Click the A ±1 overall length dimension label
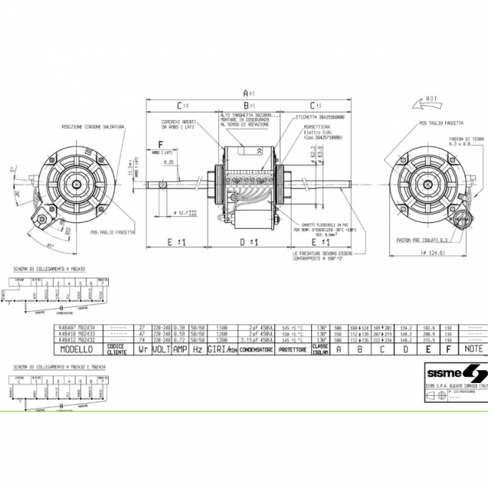[246, 90]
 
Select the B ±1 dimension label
[246, 106]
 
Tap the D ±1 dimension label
[246, 242]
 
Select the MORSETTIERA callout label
[306, 127]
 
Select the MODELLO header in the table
[80, 350]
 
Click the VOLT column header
[160, 350]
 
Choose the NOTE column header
[474, 350]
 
